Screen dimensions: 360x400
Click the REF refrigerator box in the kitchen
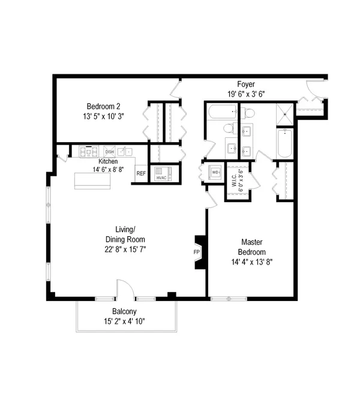coord(141,173)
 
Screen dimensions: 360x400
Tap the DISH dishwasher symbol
coord(110,152)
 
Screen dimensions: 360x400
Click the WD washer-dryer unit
coord(215,173)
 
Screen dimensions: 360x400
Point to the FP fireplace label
coord(196,252)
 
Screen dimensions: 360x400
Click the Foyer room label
coord(246,84)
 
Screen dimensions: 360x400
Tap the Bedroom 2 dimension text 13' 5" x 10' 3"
coord(103,116)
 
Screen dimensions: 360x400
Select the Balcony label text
coord(124,311)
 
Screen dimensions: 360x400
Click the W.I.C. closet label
coord(235,181)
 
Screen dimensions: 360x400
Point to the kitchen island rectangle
coord(92,181)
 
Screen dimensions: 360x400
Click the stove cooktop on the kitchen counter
coord(89,152)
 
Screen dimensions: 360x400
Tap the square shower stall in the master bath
coord(285,115)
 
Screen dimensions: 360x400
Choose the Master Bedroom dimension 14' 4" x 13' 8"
coord(252,262)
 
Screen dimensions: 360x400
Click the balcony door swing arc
coord(128,284)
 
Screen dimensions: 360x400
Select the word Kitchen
coord(108,161)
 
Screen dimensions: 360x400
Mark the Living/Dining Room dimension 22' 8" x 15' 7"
coord(125,249)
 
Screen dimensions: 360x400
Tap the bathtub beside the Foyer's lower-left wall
coord(223,112)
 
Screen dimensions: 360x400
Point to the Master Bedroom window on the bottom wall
coord(229,299)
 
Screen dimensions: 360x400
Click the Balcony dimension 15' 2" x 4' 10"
coord(124,321)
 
